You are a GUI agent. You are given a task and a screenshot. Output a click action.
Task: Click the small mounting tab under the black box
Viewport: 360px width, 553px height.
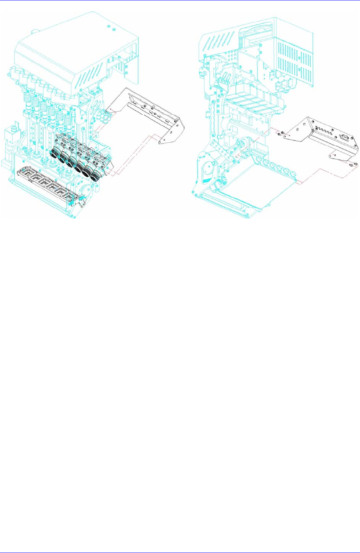(x=335, y=153)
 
